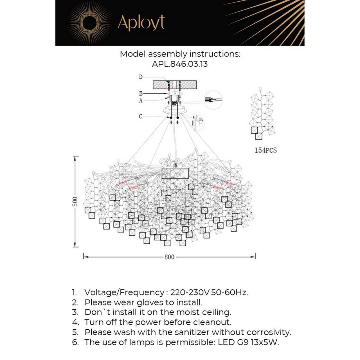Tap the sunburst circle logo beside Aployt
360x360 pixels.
coord(90,23)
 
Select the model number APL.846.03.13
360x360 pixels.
coord(180,64)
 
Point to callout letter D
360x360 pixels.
coord(141,77)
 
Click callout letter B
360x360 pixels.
coord(141,93)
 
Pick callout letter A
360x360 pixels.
coord(141,100)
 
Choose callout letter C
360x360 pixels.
coord(140,116)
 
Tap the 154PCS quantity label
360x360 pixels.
coord(265,150)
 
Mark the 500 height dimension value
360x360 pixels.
coord(75,201)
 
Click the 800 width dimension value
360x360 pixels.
coord(169,257)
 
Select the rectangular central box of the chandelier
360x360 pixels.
coord(175,173)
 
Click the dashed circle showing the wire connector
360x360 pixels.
coord(213,100)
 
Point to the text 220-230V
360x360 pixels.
coord(190,292)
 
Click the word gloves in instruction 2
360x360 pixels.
coord(150,303)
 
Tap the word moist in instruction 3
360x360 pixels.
coord(188,312)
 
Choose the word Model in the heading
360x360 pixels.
coord(133,54)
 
